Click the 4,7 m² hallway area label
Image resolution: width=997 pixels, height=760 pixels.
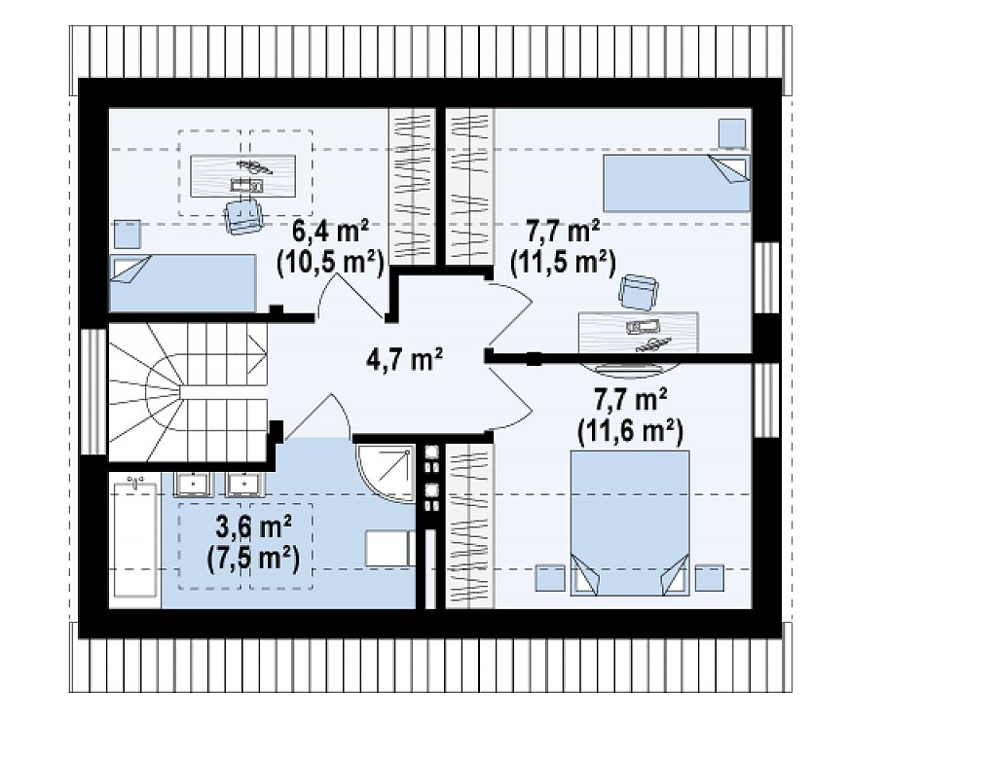tap(404, 360)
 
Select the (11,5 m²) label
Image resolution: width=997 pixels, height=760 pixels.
tap(564, 263)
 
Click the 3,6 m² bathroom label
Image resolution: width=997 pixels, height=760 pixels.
tap(254, 526)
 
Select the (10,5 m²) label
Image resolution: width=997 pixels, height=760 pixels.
tap(330, 263)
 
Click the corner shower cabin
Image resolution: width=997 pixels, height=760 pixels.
tap(386, 473)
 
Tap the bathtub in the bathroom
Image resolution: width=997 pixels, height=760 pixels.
tap(134, 539)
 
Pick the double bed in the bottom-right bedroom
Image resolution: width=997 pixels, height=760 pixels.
tap(630, 523)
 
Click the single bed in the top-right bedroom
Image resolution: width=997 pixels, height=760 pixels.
tap(676, 183)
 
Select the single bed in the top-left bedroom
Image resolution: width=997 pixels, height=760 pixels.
tap(183, 283)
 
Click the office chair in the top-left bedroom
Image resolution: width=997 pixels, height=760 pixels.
tap(244, 215)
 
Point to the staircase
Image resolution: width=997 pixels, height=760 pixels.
tap(188, 393)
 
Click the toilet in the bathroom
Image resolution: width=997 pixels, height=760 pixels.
tap(390, 549)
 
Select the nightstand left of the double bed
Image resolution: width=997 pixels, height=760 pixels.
tap(550, 578)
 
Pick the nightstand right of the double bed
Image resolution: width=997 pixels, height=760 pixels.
tap(709, 578)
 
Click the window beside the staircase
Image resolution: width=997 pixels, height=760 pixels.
tap(94, 391)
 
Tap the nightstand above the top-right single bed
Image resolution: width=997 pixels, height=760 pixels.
tap(732, 133)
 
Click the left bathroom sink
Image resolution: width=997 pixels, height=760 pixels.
tap(192, 484)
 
